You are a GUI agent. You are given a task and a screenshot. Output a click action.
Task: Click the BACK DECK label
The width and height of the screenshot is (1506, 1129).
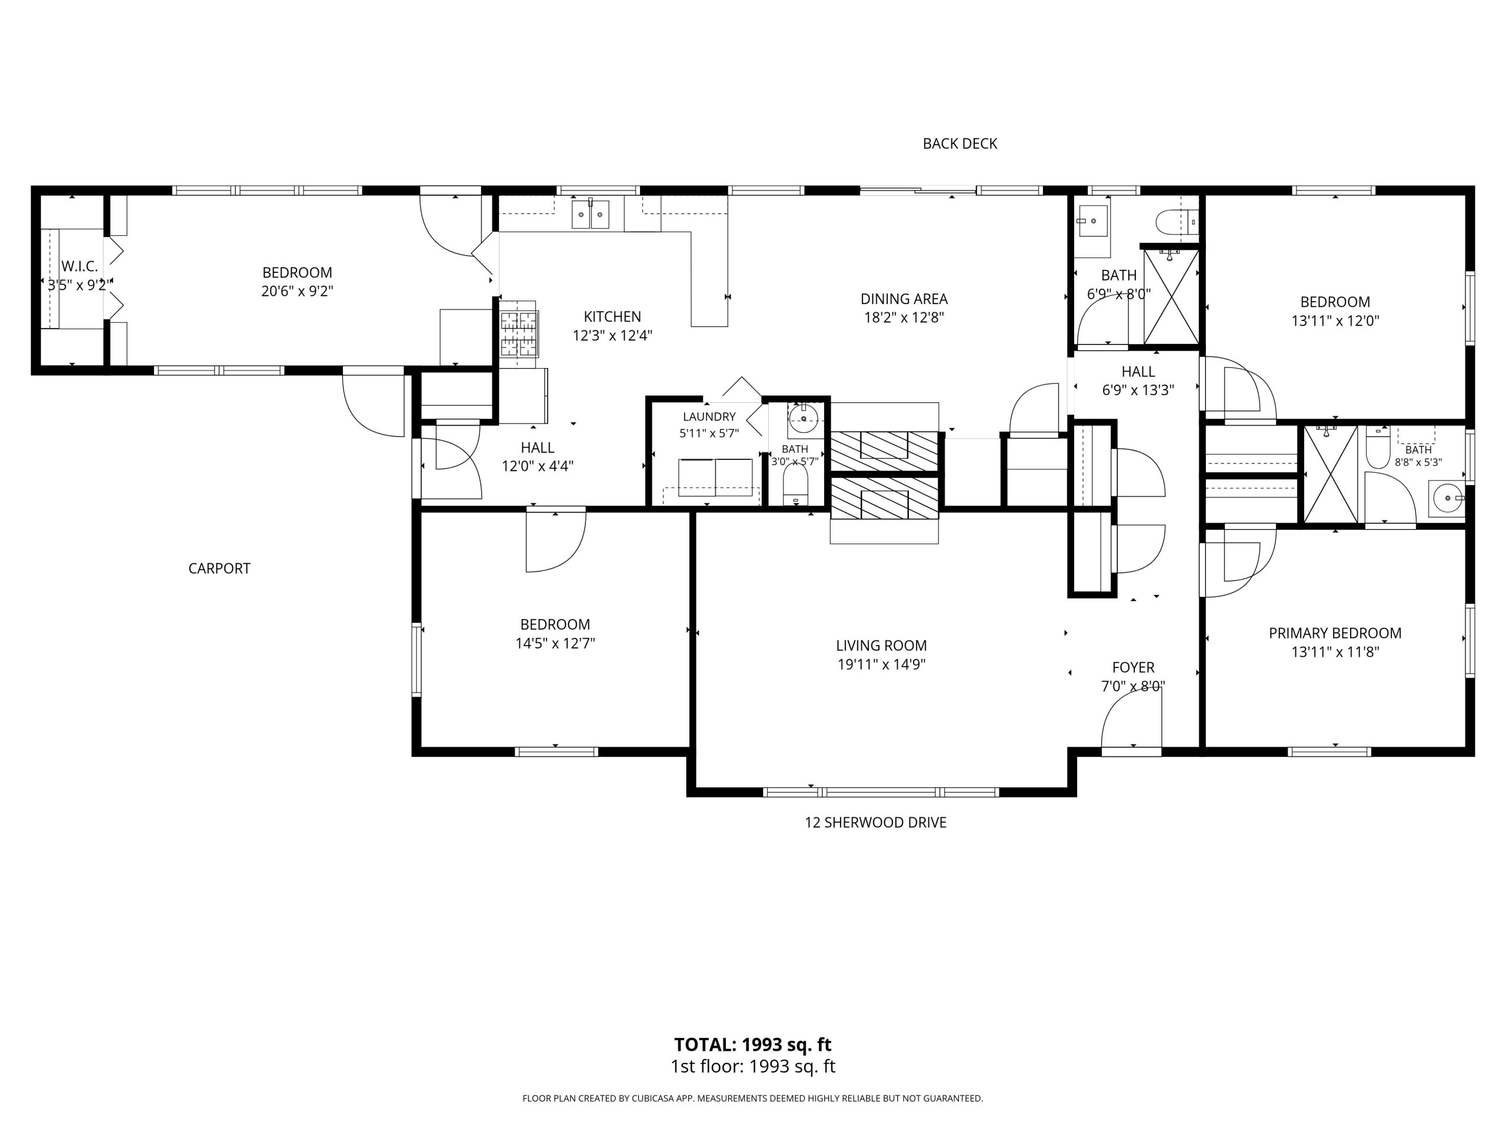tap(959, 143)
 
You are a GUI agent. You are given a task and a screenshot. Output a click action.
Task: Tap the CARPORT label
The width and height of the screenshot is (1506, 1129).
tap(219, 568)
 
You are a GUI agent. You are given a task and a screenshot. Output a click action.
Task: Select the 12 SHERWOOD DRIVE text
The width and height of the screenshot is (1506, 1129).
tap(875, 822)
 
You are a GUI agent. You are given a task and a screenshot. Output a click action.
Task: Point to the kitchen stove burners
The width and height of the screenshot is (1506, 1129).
tap(519, 333)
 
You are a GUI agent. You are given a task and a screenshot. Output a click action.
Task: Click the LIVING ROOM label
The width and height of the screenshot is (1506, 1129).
tap(881, 645)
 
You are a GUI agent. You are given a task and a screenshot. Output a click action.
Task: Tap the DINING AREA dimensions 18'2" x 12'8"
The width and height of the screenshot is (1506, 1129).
tap(904, 318)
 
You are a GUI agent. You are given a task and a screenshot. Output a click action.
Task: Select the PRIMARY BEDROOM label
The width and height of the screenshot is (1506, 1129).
tap(1335, 633)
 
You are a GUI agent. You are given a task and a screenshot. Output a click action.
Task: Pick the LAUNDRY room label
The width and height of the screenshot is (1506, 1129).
tap(709, 416)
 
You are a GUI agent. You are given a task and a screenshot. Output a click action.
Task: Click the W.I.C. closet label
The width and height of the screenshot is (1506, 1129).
tap(79, 266)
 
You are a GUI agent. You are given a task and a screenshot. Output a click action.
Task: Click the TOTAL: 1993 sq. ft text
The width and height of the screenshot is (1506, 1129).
tap(752, 1044)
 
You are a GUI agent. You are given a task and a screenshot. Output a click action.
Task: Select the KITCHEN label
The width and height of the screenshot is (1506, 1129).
tap(612, 316)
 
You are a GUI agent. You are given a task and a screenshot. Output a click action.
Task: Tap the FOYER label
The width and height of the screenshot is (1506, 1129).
tap(1133, 667)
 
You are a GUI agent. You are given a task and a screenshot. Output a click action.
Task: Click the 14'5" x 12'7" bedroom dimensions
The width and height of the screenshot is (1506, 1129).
tap(555, 643)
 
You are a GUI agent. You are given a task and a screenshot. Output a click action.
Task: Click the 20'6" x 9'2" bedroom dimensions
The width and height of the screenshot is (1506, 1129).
tap(297, 291)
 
